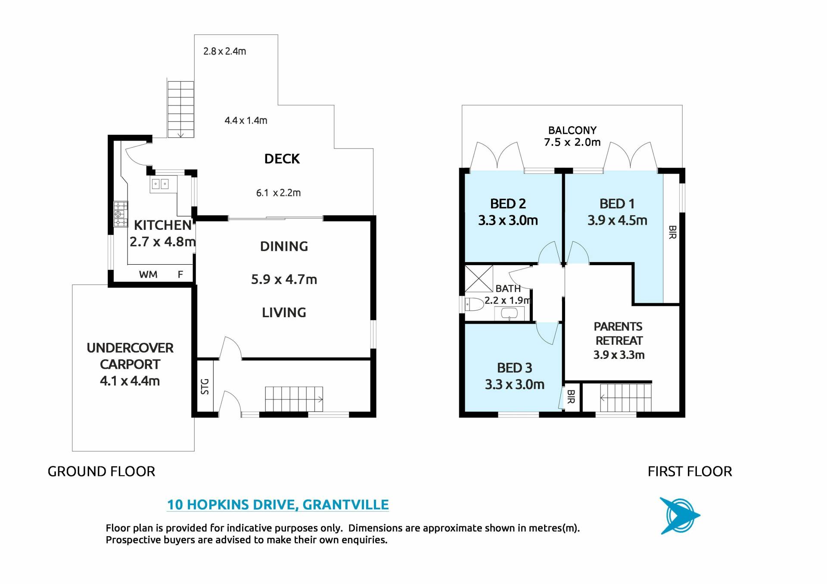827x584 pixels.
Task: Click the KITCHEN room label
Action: pos(163,225)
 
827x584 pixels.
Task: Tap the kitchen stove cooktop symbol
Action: pos(121,214)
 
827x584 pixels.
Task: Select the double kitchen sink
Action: pos(160,184)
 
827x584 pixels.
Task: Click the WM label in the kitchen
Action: pos(148,275)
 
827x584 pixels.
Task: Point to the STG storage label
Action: pos(205,386)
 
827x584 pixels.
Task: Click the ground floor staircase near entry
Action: pos(294,399)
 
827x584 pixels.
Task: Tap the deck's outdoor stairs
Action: pos(180,109)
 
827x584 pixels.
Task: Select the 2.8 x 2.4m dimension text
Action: pos(225,51)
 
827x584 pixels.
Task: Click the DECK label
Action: pos(282,159)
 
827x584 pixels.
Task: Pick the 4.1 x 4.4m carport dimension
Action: pos(130,381)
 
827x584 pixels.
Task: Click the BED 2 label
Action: pos(508,204)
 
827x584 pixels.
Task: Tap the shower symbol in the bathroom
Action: pos(479,279)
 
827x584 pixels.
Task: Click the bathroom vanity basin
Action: pos(509,314)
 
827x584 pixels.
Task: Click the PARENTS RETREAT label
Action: pos(619,334)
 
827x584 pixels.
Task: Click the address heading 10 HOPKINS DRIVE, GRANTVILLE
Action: pos(278,504)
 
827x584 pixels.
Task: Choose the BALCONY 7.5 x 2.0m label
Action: pos(572,136)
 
